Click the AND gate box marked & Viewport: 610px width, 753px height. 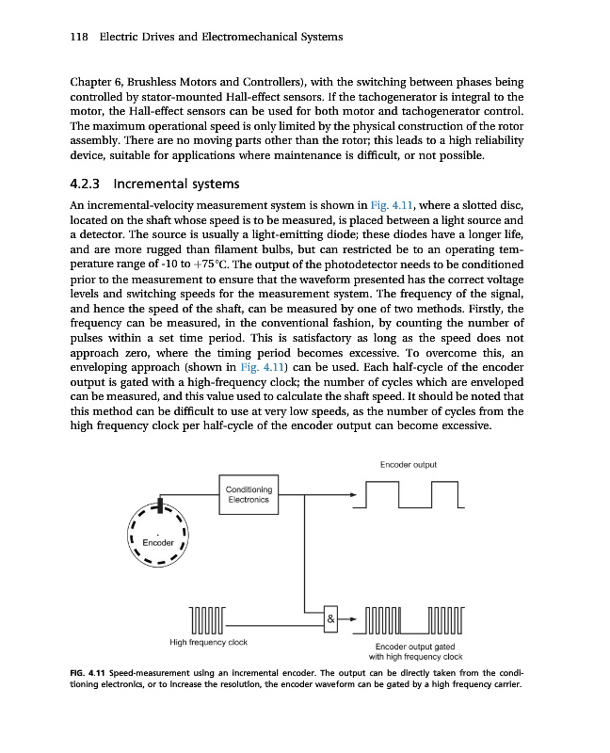(330, 619)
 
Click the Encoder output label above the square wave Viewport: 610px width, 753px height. (408, 464)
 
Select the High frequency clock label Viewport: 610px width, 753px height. (208, 642)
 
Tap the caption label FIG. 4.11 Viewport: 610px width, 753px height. (91, 674)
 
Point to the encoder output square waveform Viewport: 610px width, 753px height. (412, 495)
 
